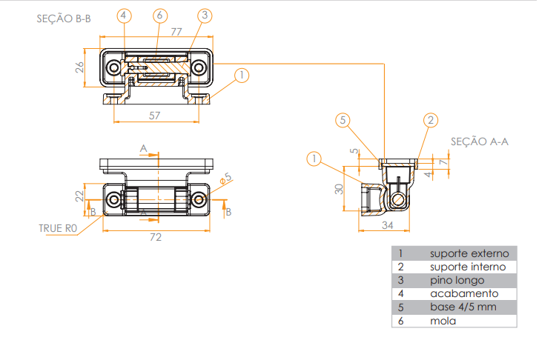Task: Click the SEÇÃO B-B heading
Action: [64, 19]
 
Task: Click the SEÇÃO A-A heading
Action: [479, 141]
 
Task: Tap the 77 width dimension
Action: [176, 31]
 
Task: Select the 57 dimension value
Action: [155, 116]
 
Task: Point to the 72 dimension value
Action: [156, 237]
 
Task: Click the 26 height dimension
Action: [79, 68]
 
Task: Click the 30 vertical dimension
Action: [339, 188]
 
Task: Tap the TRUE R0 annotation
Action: [58, 229]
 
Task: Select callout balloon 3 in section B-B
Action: [205, 16]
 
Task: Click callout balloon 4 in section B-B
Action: [124, 16]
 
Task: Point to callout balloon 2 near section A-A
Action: [431, 120]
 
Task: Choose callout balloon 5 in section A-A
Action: [342, 120]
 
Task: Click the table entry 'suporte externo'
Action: [469, 253]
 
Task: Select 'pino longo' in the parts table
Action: [457, 280]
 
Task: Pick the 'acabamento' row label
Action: [459, 294]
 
